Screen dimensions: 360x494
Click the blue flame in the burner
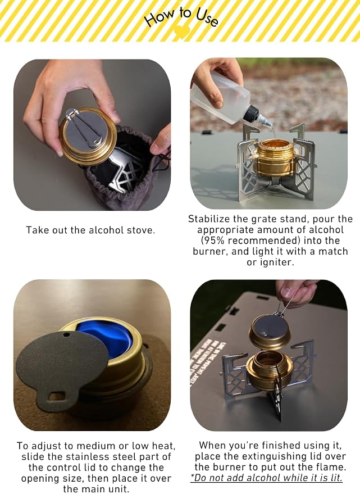coord(104,339)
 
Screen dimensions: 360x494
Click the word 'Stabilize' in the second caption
coord(209,219)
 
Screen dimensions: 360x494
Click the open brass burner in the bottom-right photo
coord(269,369)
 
